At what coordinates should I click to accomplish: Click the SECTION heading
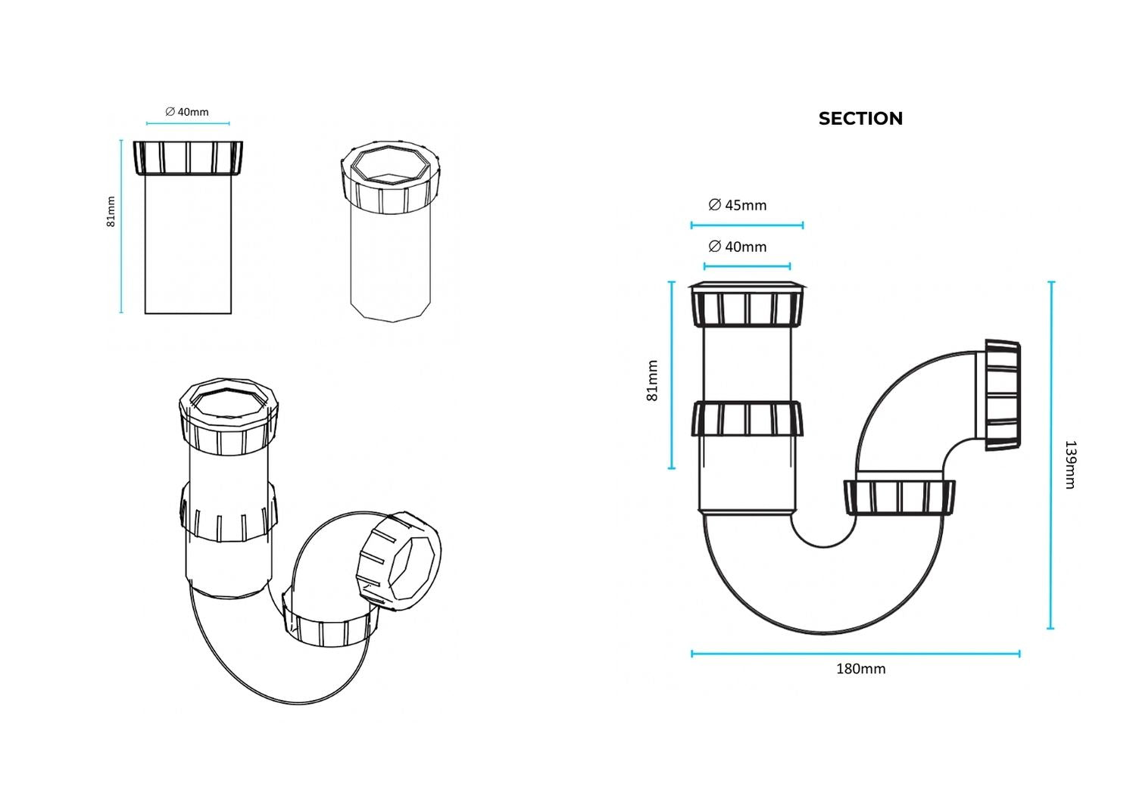click(x=860, y=119)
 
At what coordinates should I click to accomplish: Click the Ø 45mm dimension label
click(x=738, y=205)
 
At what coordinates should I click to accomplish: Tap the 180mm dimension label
click(x=860, y=669)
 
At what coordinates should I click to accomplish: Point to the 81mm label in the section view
click(x=652, y=381)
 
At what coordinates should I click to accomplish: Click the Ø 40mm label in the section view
click(x=738, y=247)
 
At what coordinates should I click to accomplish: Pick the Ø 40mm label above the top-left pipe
click(x=187, y=112)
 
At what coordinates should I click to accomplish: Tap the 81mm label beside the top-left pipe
click(x=111, y=212)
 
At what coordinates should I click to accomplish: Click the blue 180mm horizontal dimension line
click(x=856, y=654)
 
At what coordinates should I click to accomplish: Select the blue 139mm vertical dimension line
click(x=1051, y=455)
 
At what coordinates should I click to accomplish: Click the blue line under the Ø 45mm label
click(x=747, y=225)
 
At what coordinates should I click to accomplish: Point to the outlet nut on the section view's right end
click(x=1002, y=395)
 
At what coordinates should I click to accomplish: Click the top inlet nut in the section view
click(x=747, y=304)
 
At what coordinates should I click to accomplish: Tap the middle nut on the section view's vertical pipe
click(x=747, y=418)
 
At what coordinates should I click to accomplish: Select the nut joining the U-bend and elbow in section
click(x=899, y=497)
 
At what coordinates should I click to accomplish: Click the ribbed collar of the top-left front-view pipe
click(x=188, y=158)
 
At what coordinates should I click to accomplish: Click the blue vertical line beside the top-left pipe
click(x=121, y=226)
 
